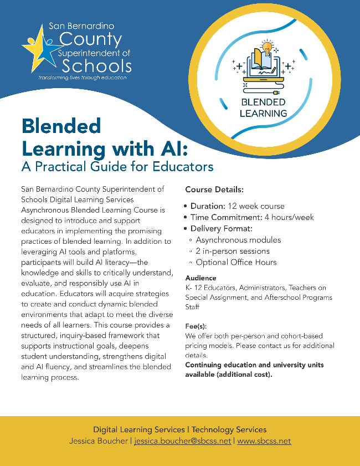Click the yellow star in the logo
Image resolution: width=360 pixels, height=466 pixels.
(35, 46)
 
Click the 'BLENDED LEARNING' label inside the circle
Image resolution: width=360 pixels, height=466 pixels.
(263, 107)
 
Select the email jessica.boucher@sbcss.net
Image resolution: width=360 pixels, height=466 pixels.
(182, 441)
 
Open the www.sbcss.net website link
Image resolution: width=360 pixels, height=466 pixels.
(264, 441)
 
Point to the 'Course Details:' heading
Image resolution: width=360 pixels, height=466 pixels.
(214, 190)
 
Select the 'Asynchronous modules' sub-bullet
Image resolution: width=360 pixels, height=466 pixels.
(238, 240)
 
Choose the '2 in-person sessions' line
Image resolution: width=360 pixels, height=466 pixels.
(233, 251)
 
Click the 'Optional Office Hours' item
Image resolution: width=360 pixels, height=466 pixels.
(236, 262)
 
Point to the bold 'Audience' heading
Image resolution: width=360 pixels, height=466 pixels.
(200, 278)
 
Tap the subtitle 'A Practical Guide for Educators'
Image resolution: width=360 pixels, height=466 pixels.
(117, 166)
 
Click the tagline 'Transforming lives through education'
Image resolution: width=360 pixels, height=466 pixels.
(82, 78)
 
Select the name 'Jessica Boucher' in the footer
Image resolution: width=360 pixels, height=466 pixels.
(99, 441)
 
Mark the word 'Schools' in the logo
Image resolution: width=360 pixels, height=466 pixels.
(97, 66)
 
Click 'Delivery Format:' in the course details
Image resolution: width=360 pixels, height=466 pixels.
(221, 228)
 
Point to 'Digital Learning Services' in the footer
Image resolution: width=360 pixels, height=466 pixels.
(138, 429)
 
